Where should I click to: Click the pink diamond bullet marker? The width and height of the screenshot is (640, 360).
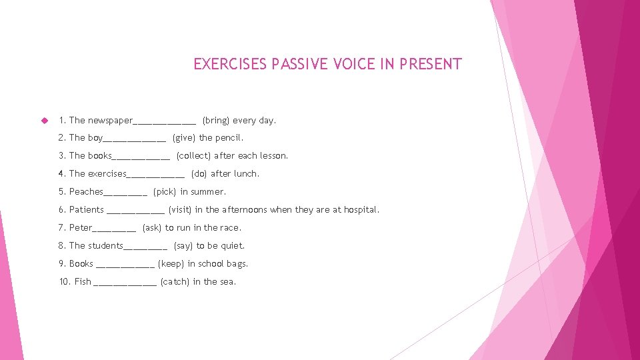(x=45, y=121)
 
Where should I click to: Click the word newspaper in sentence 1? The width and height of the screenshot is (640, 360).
(x=110, y=121)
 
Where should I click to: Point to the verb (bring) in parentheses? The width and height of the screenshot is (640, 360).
(x=216, y=121)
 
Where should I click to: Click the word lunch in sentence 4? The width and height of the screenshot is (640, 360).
(x=246, y=174)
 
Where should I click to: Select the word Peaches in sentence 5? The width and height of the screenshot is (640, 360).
(x=86, y=192)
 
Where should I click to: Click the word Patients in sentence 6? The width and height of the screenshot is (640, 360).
(x=87, y=210)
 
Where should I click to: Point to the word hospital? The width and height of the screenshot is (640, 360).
(x=361, y=210)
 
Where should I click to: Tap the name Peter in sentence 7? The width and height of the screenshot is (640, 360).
(x=81, y=228)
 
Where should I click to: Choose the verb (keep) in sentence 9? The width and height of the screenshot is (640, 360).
(x=171, y=264)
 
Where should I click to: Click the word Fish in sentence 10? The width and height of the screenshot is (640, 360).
(x=83, y=282)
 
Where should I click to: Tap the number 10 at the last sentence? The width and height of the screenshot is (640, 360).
(x=64, y=282)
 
